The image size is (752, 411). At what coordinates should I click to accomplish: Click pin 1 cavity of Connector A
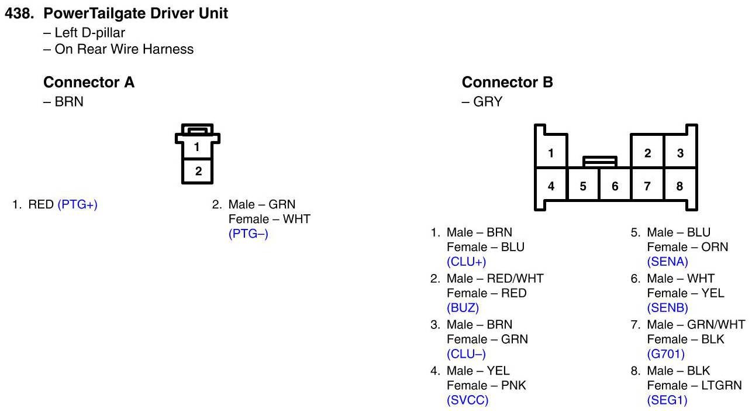(198, 147)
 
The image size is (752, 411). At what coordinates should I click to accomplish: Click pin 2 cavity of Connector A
(198, 171)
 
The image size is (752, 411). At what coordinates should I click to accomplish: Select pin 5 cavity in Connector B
(583, 187)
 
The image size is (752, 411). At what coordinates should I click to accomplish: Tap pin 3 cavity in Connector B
(680, 153)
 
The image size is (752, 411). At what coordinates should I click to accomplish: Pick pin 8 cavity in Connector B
(679, 187)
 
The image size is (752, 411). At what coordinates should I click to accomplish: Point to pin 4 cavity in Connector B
(551, 187)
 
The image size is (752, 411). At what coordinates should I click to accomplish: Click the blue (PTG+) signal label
(77, 205)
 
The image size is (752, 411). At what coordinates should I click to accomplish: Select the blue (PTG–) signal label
(248, 234)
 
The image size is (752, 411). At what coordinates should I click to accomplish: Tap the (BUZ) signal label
(463, 308)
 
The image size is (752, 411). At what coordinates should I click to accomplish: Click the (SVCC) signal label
(467, 400)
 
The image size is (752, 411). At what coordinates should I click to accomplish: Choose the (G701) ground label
(665, 354)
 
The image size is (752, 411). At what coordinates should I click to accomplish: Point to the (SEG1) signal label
(667, 400)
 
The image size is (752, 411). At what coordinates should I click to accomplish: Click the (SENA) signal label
(667, 262)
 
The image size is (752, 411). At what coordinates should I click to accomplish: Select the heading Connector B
(507, 83)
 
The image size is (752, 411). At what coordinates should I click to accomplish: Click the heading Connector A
(89, 83)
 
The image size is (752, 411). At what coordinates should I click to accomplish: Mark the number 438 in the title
(19, 13)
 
